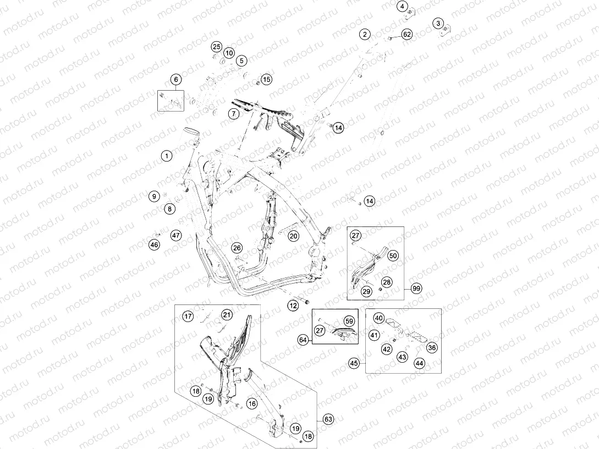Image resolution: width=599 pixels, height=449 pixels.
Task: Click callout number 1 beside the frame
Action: point(166,156)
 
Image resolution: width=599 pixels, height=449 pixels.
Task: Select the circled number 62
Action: point(407,35)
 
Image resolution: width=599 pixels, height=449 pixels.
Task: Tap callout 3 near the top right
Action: point(438,23)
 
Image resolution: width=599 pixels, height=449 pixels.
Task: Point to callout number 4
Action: point(402,6)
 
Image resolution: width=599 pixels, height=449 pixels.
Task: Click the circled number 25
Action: point(217,47)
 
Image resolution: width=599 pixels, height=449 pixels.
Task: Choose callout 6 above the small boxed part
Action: point(176,80)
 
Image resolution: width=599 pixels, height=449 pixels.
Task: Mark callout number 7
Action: point(234,113)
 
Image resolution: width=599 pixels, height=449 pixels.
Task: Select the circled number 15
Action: point(267,80)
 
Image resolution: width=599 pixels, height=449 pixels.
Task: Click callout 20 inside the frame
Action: point(293,236)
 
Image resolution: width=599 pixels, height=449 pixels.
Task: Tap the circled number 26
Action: point(237,248)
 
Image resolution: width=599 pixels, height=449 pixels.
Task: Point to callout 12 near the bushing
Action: point(293,306)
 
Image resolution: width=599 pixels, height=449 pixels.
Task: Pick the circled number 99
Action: point(416,289)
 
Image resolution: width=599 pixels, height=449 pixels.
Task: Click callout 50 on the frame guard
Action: point(393,256)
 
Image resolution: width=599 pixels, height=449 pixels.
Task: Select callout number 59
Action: point(349,321)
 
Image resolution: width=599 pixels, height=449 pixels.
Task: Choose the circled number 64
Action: point(303,340)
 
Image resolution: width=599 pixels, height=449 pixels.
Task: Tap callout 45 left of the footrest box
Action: point(354,363)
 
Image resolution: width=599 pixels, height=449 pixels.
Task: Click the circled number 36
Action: point(432,347)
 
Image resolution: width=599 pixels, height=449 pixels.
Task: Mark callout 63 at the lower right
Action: point(328,419)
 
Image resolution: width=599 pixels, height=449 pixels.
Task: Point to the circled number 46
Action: point(155,245)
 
